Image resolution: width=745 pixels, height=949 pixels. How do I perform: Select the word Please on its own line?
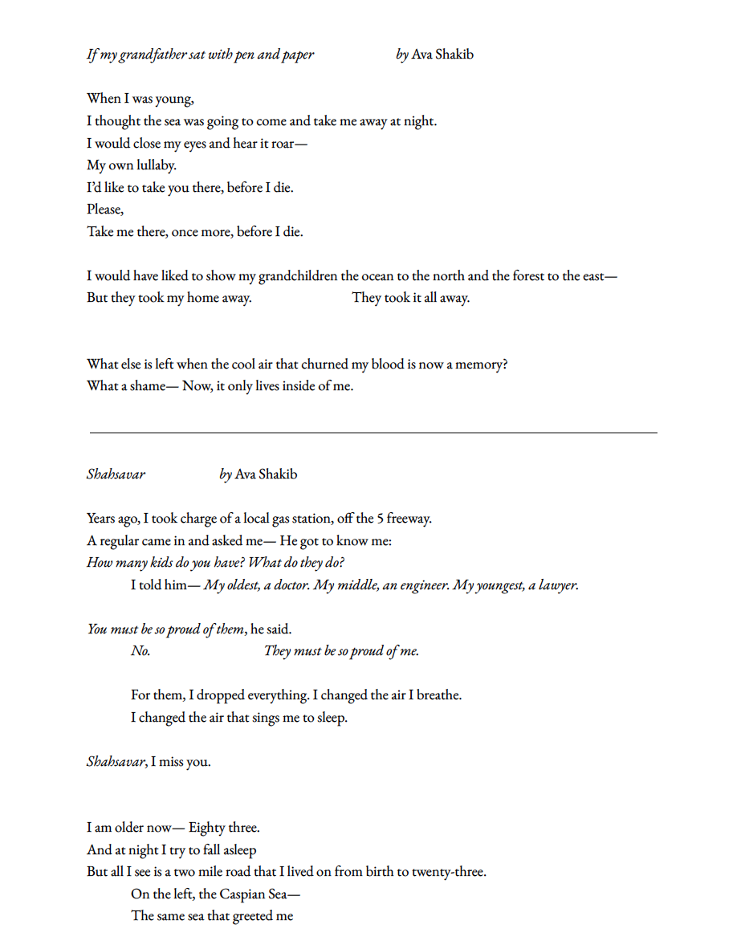pyautogui.click(x=104, y=210)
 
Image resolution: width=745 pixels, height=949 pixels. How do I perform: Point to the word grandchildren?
pyautogui.click(x=297, y=276)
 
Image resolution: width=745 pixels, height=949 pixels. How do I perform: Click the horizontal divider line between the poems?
pyautogui.click(x=372, y=433)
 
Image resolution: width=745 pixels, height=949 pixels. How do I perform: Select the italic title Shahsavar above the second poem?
pyautogui.click(x=116, y=474)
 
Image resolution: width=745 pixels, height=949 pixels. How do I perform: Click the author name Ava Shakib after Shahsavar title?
pyautogui.click(x=266, y=474)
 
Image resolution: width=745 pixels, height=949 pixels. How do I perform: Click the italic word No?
pyautogui.click(x=140, y=651)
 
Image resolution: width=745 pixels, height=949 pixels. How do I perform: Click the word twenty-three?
pyautogui.click(x=448, y=872)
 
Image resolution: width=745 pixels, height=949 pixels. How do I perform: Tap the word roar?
pyautogui.click(x=290, y=144)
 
